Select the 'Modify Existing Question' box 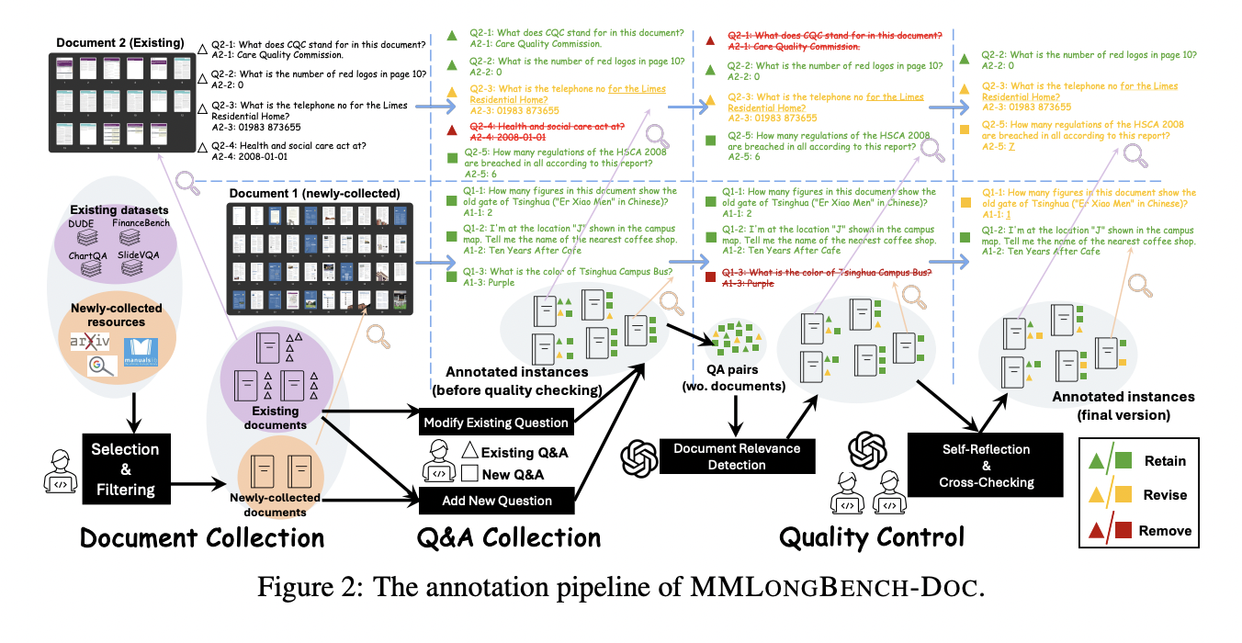tap(497, 423)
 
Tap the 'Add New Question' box tap(497, 501)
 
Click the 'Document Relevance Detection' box tap(737, 457)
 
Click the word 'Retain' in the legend tap(1164, 461)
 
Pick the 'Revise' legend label tap(1163, 495)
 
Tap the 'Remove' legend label tap(1165, 530)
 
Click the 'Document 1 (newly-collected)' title tap(315, 194)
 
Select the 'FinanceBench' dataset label tap(141, 224)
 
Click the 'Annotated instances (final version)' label tap(1123, 405)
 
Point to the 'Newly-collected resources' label tap(117, 315)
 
